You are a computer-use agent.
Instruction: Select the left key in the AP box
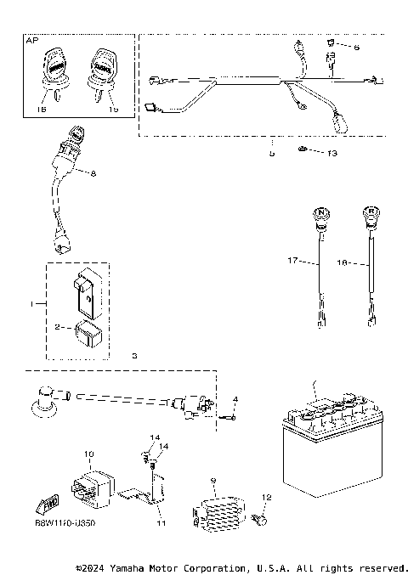[54, 67]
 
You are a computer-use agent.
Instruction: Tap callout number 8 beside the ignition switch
[93, 173]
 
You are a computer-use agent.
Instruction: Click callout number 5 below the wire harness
[271, 154]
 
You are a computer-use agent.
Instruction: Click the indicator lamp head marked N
[321, 217]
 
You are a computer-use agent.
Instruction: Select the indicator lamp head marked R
[371, 217]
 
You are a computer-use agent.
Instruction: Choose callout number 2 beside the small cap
[58, 326]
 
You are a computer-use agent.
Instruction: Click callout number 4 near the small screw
[236, 399]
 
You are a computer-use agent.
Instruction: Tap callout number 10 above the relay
[88, 455]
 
